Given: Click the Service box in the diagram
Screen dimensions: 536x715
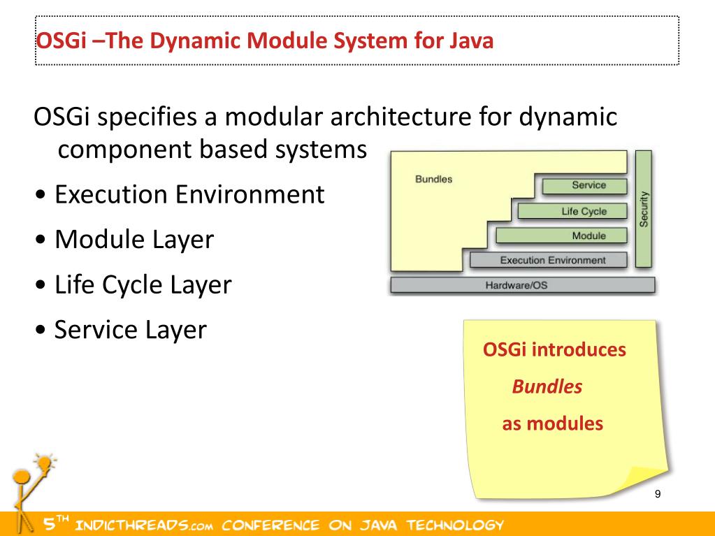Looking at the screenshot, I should (584, 186).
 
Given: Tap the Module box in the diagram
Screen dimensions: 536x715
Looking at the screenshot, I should (561, 236).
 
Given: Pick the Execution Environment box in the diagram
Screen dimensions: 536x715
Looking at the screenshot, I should (549, 261).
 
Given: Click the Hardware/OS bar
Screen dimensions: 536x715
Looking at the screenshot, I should (522, 285).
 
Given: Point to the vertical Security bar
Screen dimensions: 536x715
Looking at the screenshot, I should (644, 209).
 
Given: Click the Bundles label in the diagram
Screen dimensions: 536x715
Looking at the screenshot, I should (433, 179).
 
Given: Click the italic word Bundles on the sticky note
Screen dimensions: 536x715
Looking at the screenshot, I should (547, 386).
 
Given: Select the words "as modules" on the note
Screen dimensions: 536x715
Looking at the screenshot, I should (552, 423).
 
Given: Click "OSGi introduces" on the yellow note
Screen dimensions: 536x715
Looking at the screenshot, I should (554, 349).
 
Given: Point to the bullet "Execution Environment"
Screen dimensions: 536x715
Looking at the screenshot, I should (189, 194).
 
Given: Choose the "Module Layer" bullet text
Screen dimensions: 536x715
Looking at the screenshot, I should (133, 240).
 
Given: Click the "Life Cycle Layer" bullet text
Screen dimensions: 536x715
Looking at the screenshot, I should (143, 285).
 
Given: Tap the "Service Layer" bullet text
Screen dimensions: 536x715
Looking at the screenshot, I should (131, 329).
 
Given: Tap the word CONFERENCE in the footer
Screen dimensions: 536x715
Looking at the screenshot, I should (275, 525).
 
